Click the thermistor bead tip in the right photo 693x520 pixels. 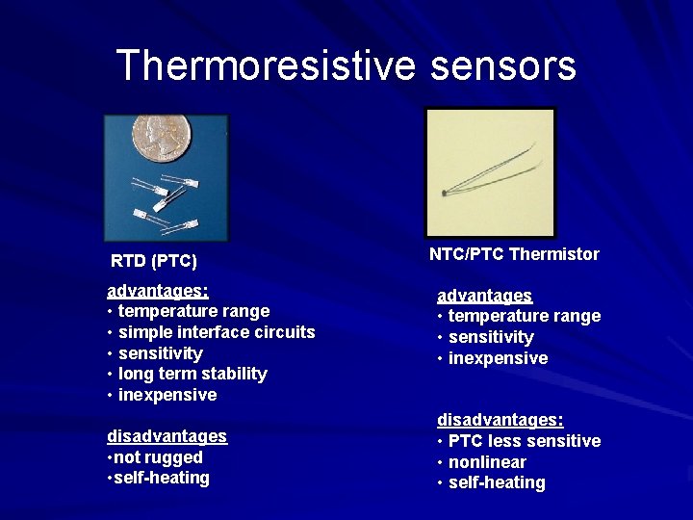click(444, 194)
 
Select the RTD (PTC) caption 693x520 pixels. click(154, 261)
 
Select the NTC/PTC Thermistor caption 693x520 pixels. click(514, 254)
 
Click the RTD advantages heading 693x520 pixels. click(158, 290)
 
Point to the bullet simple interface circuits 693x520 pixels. click(216, 332)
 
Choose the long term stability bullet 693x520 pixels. click(192, 374)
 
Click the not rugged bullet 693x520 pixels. click(157, 457)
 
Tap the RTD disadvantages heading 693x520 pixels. click(167, 436)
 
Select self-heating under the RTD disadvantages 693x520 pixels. click(160, 479)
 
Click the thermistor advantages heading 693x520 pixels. click(484, 296)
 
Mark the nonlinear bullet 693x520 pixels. click(487, 462)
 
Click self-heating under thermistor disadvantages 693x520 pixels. click(497, 483)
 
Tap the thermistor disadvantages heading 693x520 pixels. click(500, 420)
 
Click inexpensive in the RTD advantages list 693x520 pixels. click(167, 395)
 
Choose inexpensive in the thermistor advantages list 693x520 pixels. click(498, 358)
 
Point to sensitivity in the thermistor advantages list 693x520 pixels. click(491, 337)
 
